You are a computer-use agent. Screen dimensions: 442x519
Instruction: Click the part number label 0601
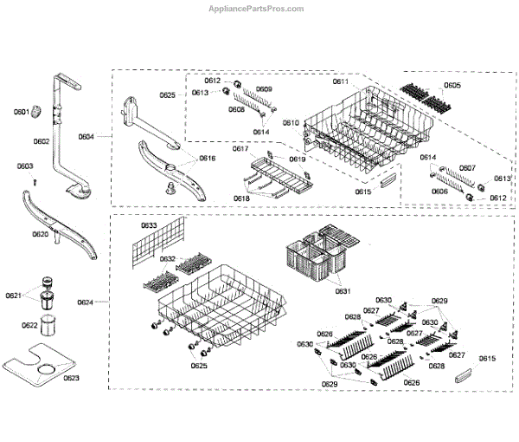[x=22, y=110]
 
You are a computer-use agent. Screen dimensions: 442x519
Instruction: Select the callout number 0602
[x=41, y=141]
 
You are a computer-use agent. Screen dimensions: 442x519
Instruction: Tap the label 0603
[x=25, y=166]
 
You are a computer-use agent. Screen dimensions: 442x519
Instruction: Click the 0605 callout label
[x=452, y=86]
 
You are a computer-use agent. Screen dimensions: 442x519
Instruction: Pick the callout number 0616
[x=208, y=159]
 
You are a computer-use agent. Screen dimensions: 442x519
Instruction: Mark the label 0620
[x=41, y=234]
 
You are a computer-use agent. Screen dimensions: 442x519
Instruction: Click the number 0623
[x=70, y=379]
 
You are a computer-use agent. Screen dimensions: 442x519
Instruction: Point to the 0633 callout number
[x=148, y=226]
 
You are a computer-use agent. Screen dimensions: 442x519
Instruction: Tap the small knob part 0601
[x=38, y=110]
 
